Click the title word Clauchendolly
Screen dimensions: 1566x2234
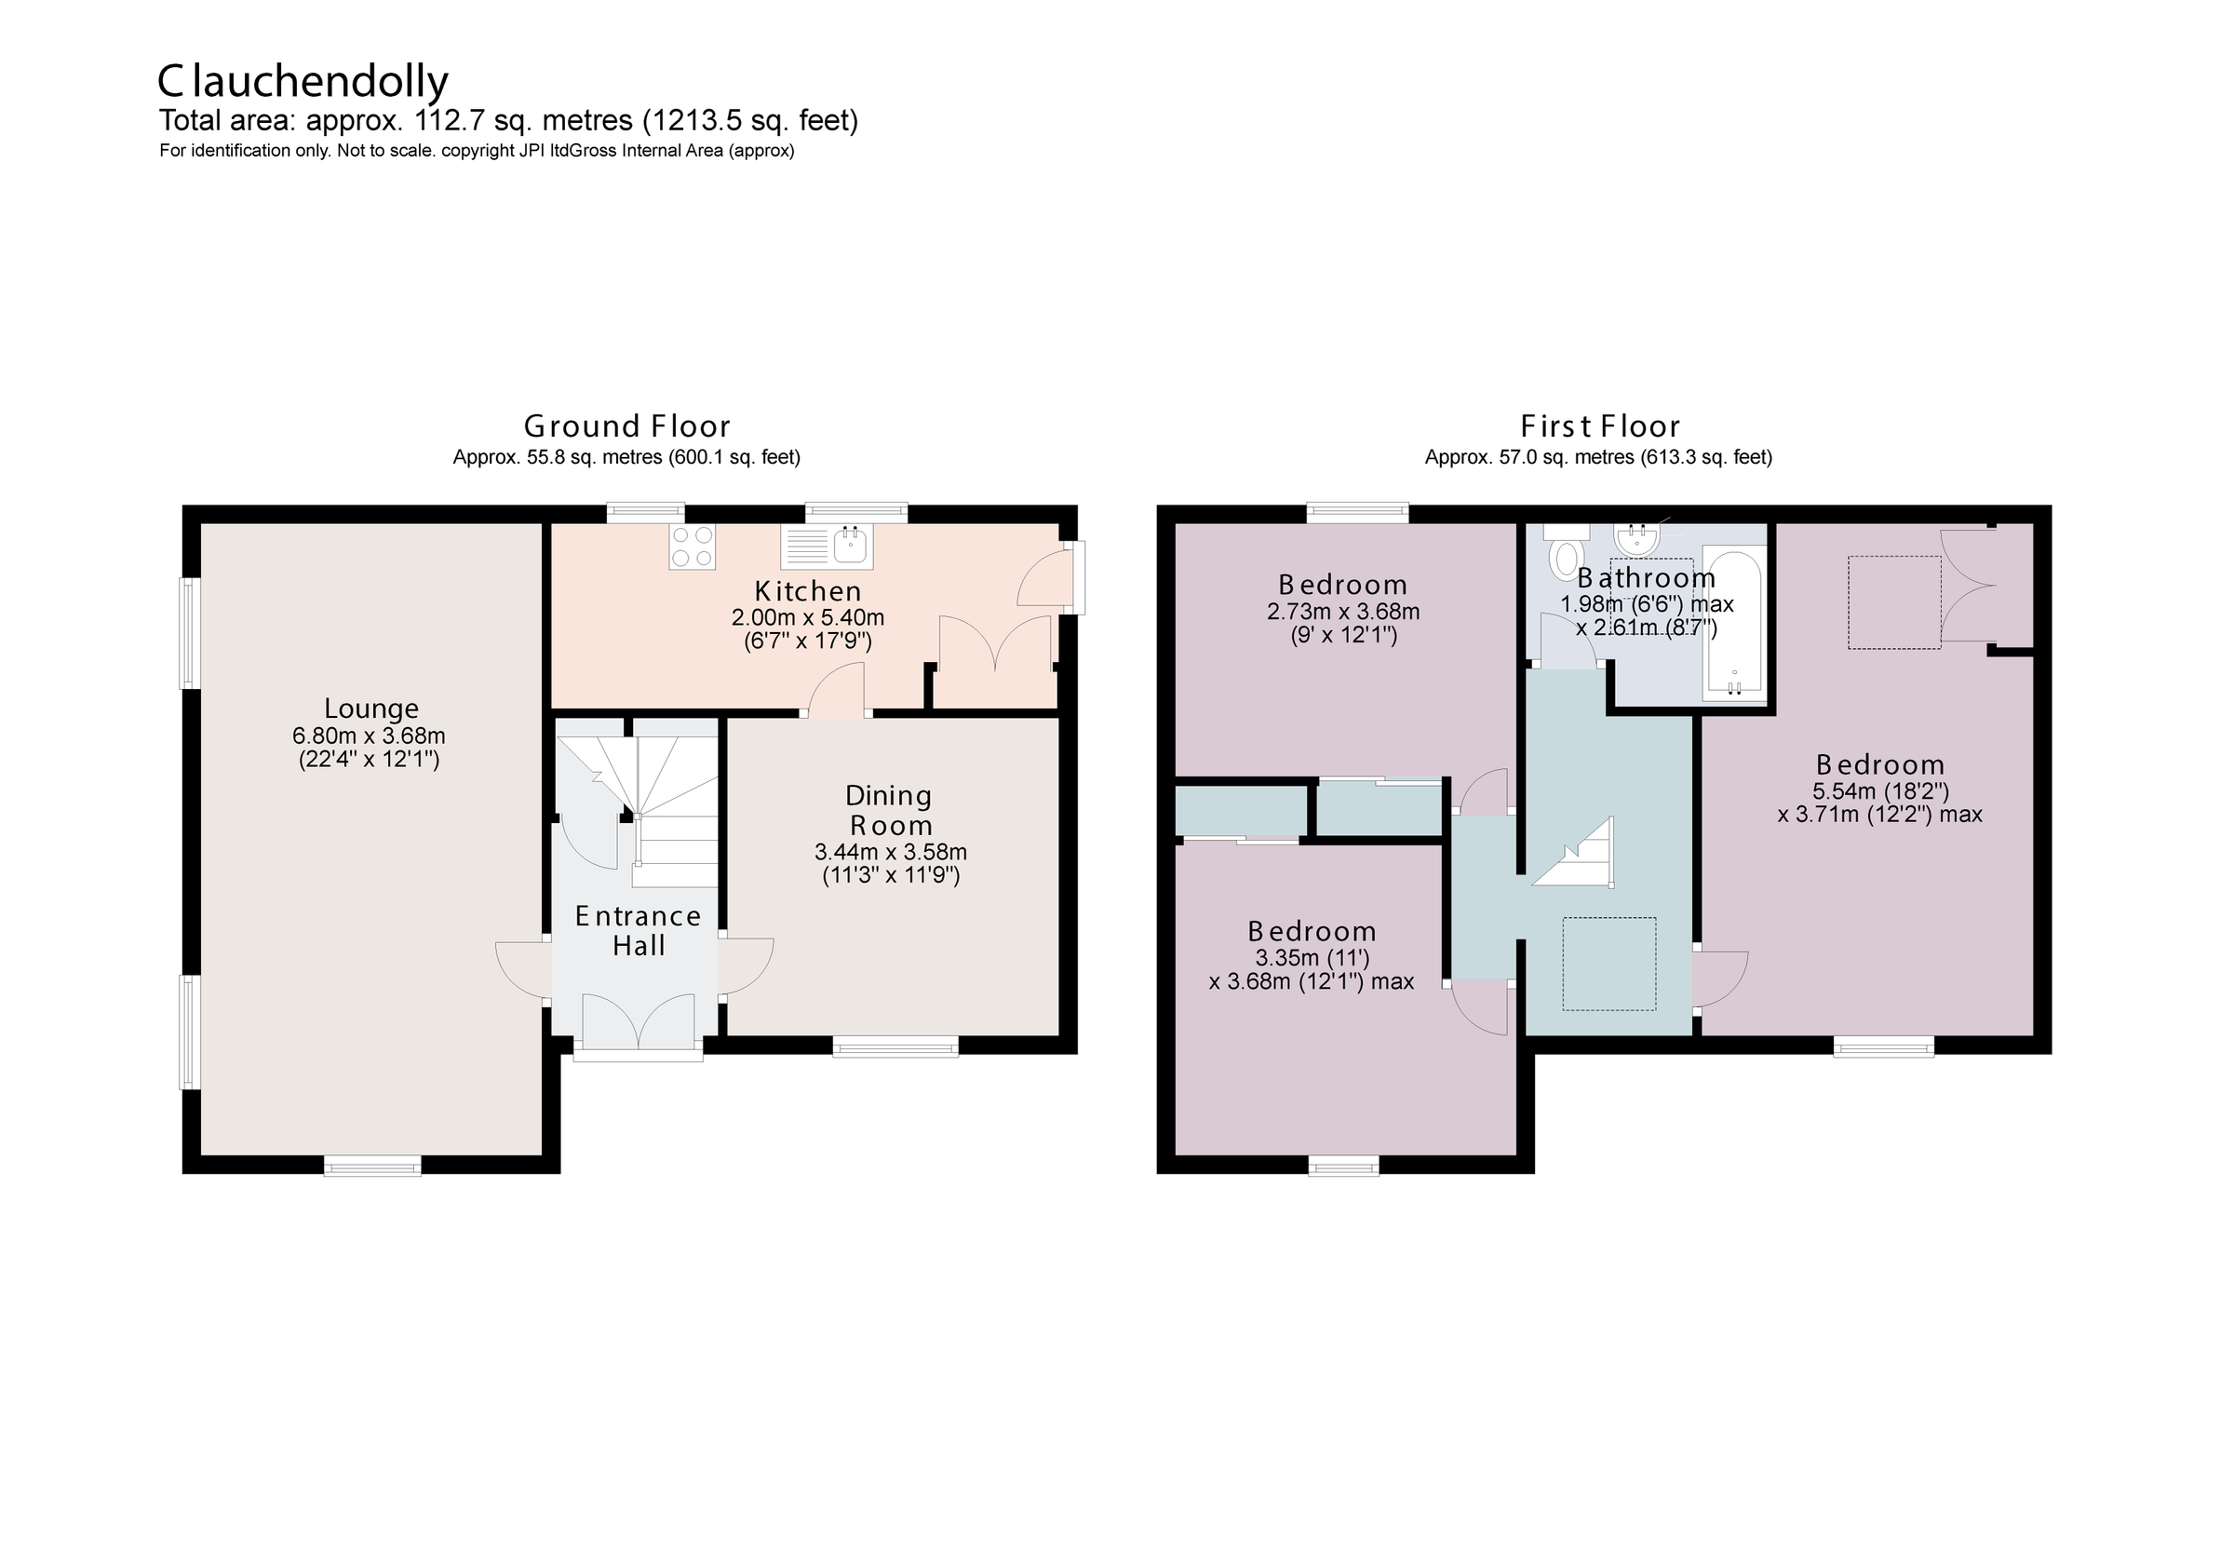coord(303,82)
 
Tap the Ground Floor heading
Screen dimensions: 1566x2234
coord(626,426)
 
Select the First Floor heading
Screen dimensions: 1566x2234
coord(1599,426)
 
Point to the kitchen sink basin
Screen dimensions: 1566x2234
coord(852,546)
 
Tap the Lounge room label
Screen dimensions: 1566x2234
coord(370,709)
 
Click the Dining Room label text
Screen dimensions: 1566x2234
coord(889,811)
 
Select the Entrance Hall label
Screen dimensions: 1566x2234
coord(639,930)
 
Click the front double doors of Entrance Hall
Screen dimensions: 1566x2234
coord(639,1022)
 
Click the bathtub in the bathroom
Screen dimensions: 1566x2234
coord(1734,626)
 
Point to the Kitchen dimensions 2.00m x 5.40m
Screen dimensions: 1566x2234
coord(808,617)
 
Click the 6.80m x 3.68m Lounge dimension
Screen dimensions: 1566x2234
coord(369,736)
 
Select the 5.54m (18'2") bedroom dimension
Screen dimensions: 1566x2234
coord(1880,791)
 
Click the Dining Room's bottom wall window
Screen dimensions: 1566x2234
coord(895,1046)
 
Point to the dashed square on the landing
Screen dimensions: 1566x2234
coord(1609,963)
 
